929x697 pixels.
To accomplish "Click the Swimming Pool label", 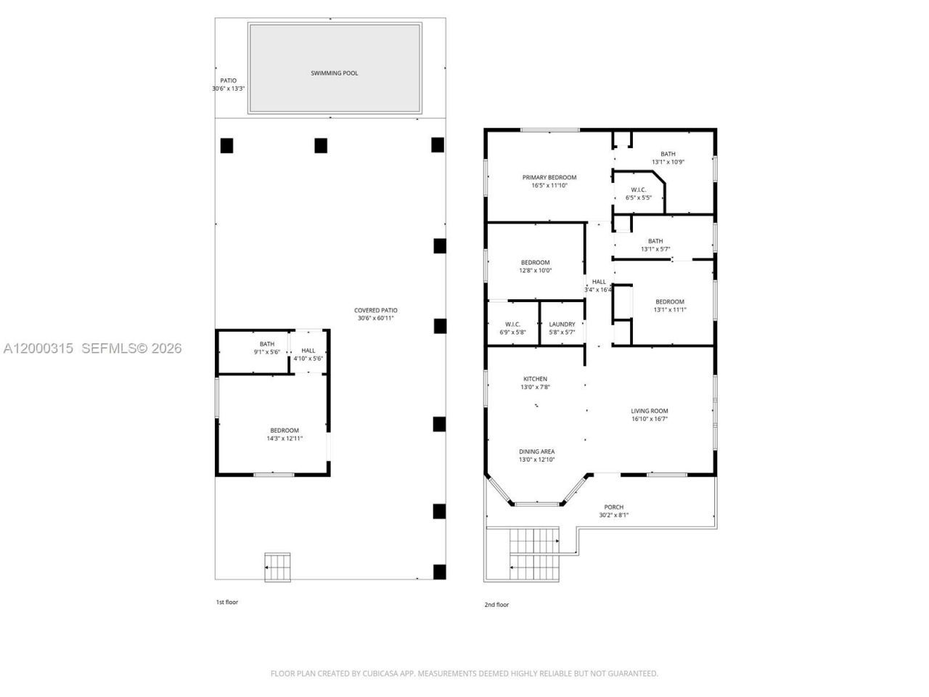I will pos(334,73).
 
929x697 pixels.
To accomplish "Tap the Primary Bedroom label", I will pos(549,177).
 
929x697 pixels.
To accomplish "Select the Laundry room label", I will pos(562,325).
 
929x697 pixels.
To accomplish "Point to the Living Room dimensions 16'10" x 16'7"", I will pos(649,419).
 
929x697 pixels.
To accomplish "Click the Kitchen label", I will pos(536,379).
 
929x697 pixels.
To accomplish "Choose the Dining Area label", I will pos(536,452).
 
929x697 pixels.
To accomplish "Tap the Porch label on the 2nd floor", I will pos(614,508).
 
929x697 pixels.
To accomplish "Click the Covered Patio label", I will pos(376,311).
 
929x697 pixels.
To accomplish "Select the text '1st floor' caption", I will pos(226,603).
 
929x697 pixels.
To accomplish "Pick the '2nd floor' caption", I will pos(496,605).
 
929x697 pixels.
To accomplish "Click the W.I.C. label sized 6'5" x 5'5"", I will pos(639,189).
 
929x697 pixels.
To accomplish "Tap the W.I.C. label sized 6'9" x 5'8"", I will pos(512,325).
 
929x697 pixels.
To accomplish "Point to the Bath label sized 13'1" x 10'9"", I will pos(668,154).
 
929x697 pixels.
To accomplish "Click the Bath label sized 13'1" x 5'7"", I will pos(655,241).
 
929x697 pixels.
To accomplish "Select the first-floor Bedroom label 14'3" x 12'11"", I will pos(285,431).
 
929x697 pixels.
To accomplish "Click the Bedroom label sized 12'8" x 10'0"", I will pos(535,263).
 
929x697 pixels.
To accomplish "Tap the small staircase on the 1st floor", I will pos(277,566).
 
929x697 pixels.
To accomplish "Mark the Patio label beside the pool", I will pos(229,81).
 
